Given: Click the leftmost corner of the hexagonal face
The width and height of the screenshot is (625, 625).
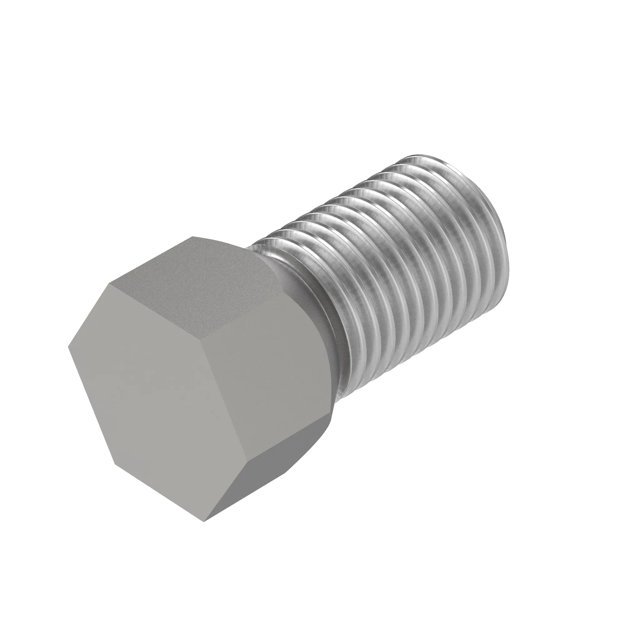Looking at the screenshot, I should [68, 347].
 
